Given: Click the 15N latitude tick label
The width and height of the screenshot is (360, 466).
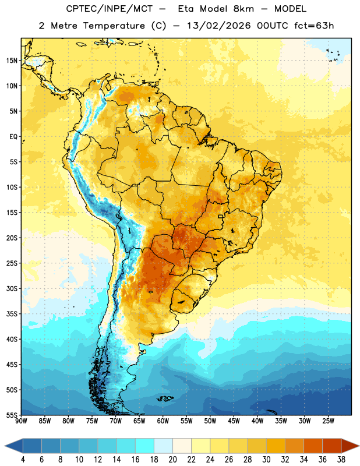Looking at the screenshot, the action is tap(12, 61).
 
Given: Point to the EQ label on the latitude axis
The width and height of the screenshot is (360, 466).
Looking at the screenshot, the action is tap(13, 137).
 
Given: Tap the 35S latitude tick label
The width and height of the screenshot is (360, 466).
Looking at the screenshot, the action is tap(12, 314).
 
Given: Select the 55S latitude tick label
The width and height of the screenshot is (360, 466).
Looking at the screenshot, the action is tap(12, 415).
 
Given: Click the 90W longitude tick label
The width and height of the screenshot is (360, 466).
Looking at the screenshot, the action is tap(21, 421).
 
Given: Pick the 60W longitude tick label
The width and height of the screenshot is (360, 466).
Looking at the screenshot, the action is tap(163, 421).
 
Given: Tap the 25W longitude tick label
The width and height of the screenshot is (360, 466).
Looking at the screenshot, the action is tap(328, 421).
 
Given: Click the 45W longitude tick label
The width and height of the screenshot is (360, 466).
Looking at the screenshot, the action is tap(234, 421).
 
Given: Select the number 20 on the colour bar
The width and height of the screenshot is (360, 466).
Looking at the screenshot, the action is tap(172, 460).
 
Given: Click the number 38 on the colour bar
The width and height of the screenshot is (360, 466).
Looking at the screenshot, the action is tap(341, 460).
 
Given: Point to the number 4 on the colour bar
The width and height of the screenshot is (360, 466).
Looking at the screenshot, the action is tap(23, 460).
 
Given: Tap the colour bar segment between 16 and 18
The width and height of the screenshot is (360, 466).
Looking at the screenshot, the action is tap(145, 446).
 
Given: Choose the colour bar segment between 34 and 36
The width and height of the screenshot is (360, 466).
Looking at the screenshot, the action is tap(313, 446).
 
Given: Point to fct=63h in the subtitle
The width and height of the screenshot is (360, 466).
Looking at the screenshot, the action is tap(314, 26).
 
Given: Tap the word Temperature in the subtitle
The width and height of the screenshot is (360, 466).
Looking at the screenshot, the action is tap(114, 26).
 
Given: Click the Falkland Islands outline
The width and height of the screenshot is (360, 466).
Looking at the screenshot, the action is tap(165, 398).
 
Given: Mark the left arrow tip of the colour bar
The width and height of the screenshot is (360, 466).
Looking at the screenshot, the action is tap(5, 446).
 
